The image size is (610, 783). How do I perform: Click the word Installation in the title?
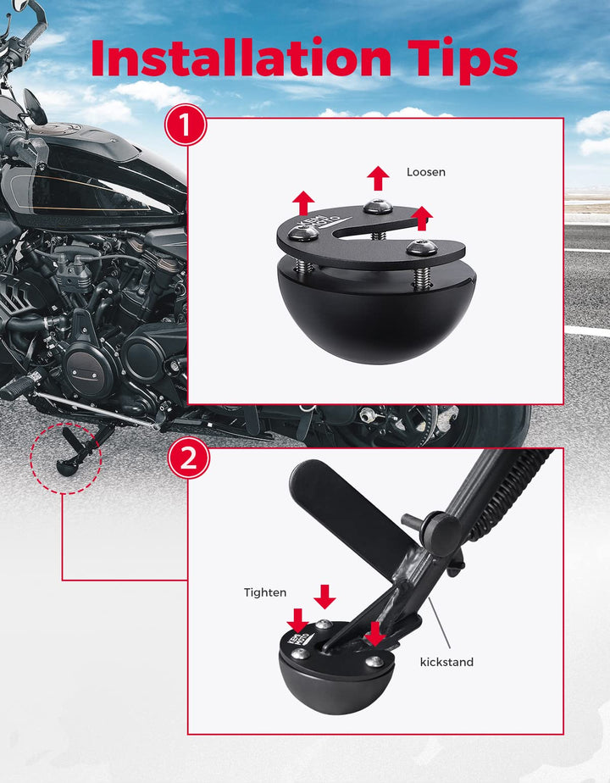click(241, 58)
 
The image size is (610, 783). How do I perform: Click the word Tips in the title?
click(463, 60)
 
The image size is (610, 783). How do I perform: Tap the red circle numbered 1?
click(186, 125)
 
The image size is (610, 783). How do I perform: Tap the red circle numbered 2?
click(188, 458)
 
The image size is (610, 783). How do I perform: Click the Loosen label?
click(426, 172)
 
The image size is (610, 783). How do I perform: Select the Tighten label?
click(265, 592)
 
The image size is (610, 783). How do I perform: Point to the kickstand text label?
click(446, 662)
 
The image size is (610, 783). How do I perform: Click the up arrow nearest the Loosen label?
click(378, 178)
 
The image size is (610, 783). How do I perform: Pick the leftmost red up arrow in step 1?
click(303, 203)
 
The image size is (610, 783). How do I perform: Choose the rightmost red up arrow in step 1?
click(422, 219)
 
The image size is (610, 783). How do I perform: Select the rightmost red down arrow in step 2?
click(374, 634)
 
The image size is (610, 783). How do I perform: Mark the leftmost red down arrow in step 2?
click(298, 620)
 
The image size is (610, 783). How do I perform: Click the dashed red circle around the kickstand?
click(30, 458)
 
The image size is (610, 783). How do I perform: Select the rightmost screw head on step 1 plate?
click(422, 247)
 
